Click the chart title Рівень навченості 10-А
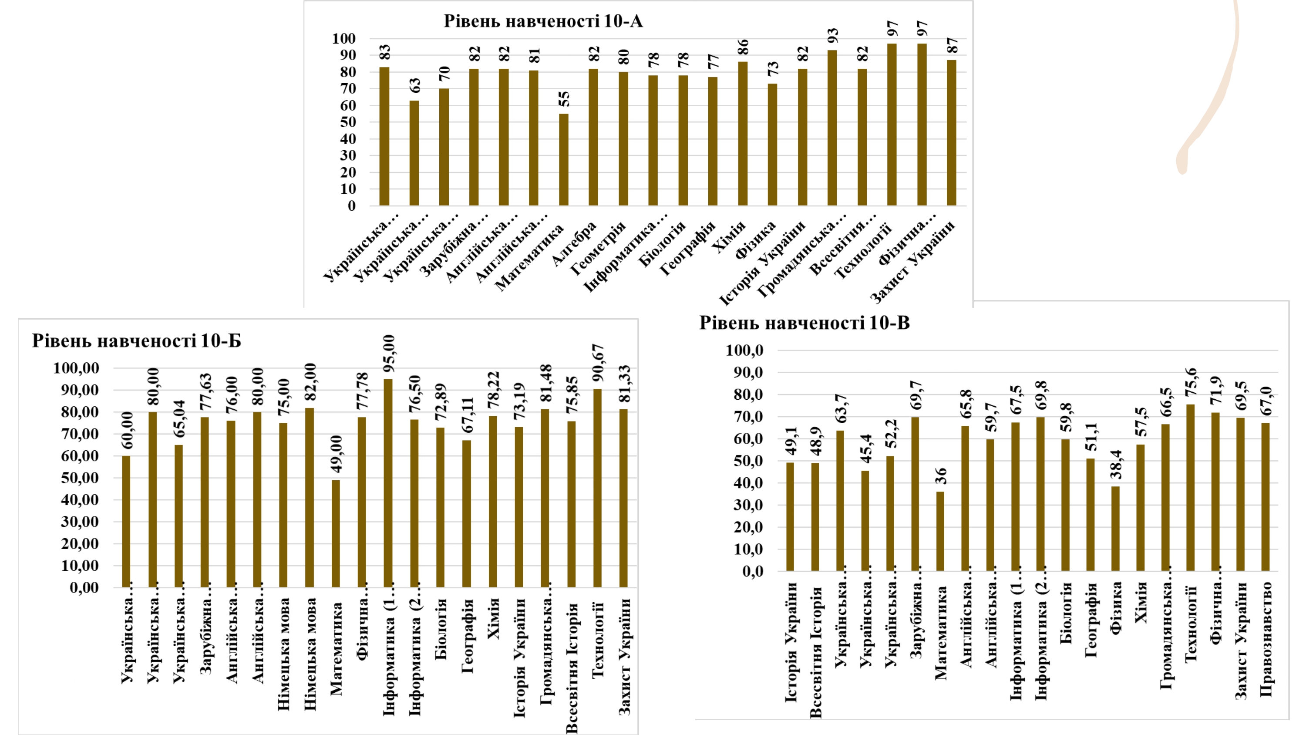[543, 21]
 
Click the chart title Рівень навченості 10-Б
[136, 341]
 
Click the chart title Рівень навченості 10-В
[804, 323]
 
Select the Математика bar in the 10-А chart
[563, 160]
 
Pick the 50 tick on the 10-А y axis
[348, 122]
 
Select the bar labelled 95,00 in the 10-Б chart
[388, 483]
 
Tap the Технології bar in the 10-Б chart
[598, 488]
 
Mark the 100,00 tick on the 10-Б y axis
[76, 368]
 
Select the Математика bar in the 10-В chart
[940, 531]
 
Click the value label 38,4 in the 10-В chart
[1116, 464]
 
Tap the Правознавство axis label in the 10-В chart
[1266, 639]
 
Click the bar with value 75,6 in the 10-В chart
[1190, 488]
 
